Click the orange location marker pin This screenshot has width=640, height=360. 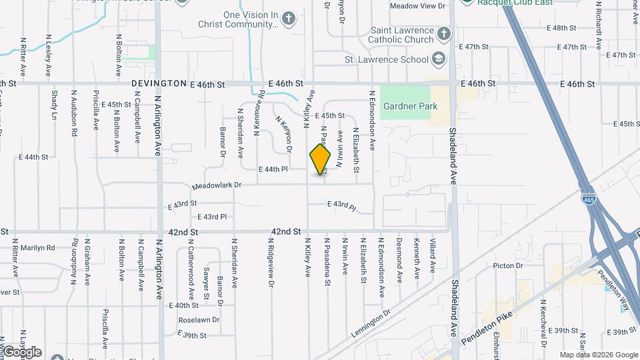point(320,159)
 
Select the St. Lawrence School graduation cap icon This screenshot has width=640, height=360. point(439,59)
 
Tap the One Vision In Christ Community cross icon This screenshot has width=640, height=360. point(288,18)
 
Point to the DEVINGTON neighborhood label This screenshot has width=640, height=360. point(159,84)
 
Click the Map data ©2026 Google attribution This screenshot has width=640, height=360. point(598,355)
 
